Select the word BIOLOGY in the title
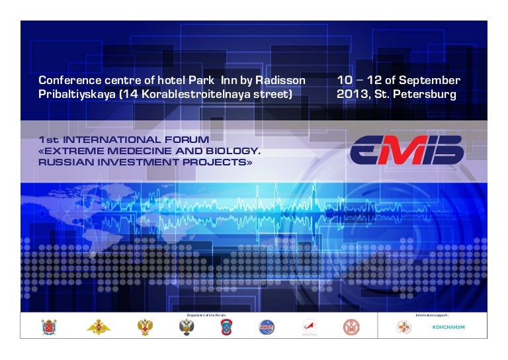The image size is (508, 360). click(x=231, y=151)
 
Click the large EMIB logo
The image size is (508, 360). click(x=406, y=150)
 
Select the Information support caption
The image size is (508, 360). click(x=433, y=315)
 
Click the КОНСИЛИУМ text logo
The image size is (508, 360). click(x=448, y=328)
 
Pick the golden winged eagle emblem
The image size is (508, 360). click(x=99, y=327)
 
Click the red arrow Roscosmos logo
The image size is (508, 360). click(x=306, y=326)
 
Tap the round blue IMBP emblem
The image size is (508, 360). click(x=266, y=327)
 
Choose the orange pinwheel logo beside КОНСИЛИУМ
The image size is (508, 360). click(x=403, y=327)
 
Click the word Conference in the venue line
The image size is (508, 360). click(x=68, y=81)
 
